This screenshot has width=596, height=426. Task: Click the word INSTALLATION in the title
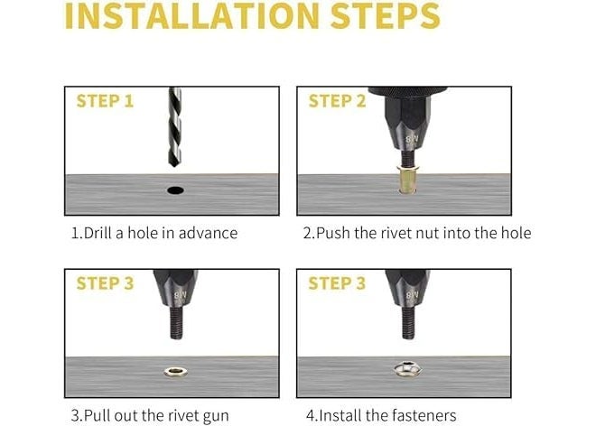click(x=192, y=16)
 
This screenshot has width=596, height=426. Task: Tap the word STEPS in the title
click(x=386, y=16)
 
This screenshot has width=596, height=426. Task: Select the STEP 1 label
click(x=105, y=101)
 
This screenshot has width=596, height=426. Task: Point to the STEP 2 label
click(x=337, y=101)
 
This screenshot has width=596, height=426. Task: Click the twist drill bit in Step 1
click(x=174, y=127)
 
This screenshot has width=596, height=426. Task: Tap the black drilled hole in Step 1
click(x=175, y=190)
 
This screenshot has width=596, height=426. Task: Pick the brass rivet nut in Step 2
click(x=407, y=179)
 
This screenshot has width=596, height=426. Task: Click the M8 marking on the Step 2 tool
click(x=412, y=139)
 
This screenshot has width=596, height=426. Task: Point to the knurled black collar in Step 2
click(x=407, y=91)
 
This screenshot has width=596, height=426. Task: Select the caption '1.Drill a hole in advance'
click(x=154, y=233)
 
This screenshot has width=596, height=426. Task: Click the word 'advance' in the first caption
click(x=208, y=233)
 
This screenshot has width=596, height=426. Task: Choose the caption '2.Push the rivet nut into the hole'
click(x=417, y=233)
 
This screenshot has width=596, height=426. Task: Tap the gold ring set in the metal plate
click(x=175, y=372)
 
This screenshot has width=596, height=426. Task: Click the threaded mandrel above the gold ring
click(x=176, y=323)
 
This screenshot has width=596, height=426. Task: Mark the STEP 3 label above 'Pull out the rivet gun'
click(x=105, y=283)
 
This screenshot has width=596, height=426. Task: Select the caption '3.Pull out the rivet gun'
click(x=150, y=416)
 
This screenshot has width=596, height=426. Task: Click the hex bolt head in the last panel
click(x=407, y=368)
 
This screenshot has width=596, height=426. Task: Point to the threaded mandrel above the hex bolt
click(x=408, y=323)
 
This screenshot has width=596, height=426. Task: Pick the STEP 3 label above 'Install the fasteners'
click(x=337, y=283)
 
